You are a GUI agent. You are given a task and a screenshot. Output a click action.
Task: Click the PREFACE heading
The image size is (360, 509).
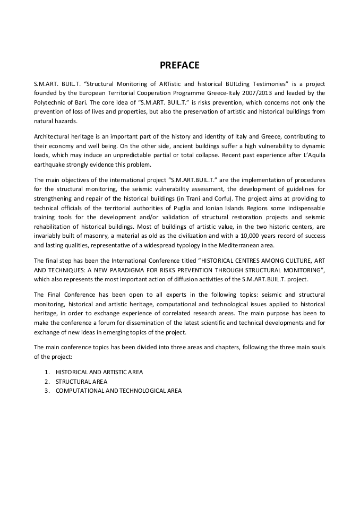click(179, 65)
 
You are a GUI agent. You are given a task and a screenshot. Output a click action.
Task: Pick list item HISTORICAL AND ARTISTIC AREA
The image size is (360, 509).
click(99, 372)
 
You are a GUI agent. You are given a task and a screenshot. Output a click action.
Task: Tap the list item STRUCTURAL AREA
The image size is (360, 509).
click(81, 381)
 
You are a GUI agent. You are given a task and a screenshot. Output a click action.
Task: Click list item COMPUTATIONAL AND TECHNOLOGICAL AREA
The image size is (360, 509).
click(118, 391)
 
